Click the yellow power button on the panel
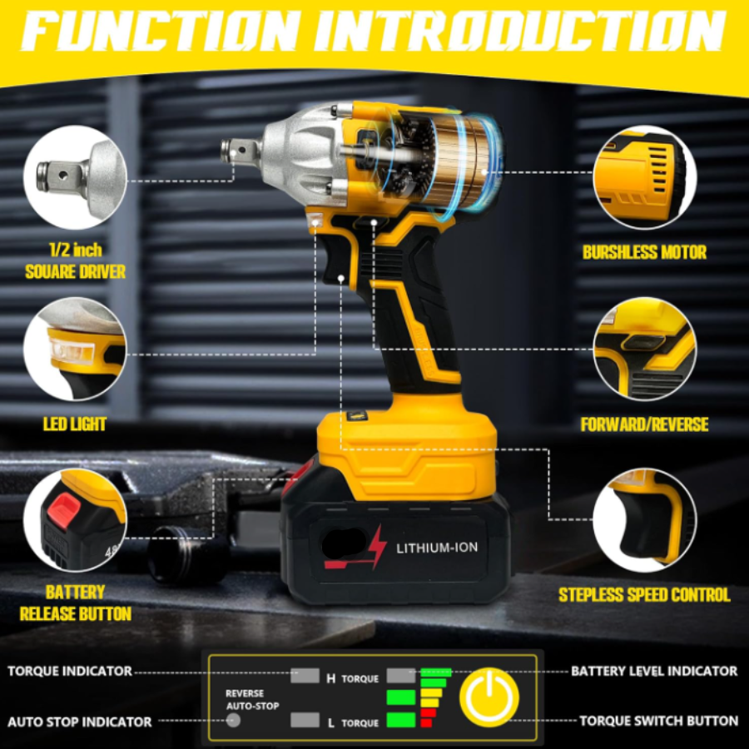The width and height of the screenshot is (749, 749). pyautogui.click(x=489, y=697)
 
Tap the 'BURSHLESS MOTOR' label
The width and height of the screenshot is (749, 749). pyautogui.click(x=644, y=252)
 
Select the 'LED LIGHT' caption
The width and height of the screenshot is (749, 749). pyautogui.click(x=75, y=424)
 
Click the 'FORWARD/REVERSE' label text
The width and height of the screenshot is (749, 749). pyautogui.click(x=644, y=424)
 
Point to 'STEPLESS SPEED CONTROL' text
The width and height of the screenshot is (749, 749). pyautogui.click(x=644, y=595)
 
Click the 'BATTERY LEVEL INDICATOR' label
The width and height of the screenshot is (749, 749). pyautogui.click(x=654, y=671)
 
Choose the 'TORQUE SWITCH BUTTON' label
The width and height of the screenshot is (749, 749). pyautogui.click(x=659, y=721)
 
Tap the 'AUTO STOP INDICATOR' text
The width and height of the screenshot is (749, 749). pyautogui.click(x=80, y=722)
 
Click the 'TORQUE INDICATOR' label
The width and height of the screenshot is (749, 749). pyautogui.click(x=70, y=671)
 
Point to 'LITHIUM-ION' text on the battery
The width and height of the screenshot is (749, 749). pyautogui.click(x=437, y=548)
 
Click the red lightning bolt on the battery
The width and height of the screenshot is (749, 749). pyautogui.click(x=377, y=546)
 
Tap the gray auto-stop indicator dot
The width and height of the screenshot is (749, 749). pyautogui.click(x=233, y=720)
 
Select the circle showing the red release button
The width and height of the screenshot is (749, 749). pyautogui.click(x=75, y=519)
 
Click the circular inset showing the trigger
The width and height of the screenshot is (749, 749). pyautogui.click(x=644, y=519)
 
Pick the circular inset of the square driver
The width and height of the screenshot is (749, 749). pyautogui.click(x=75, y=177)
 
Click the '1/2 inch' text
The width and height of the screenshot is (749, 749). pyautogui.click(x=76, y=250)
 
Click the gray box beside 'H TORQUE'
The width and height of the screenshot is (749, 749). pyautogui.click(x=305, y=676)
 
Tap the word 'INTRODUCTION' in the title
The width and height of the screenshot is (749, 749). pyautogui.click(x=519, y=31)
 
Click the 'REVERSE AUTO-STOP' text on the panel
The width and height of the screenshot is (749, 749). pyautogui.click(x=252, y=700)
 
